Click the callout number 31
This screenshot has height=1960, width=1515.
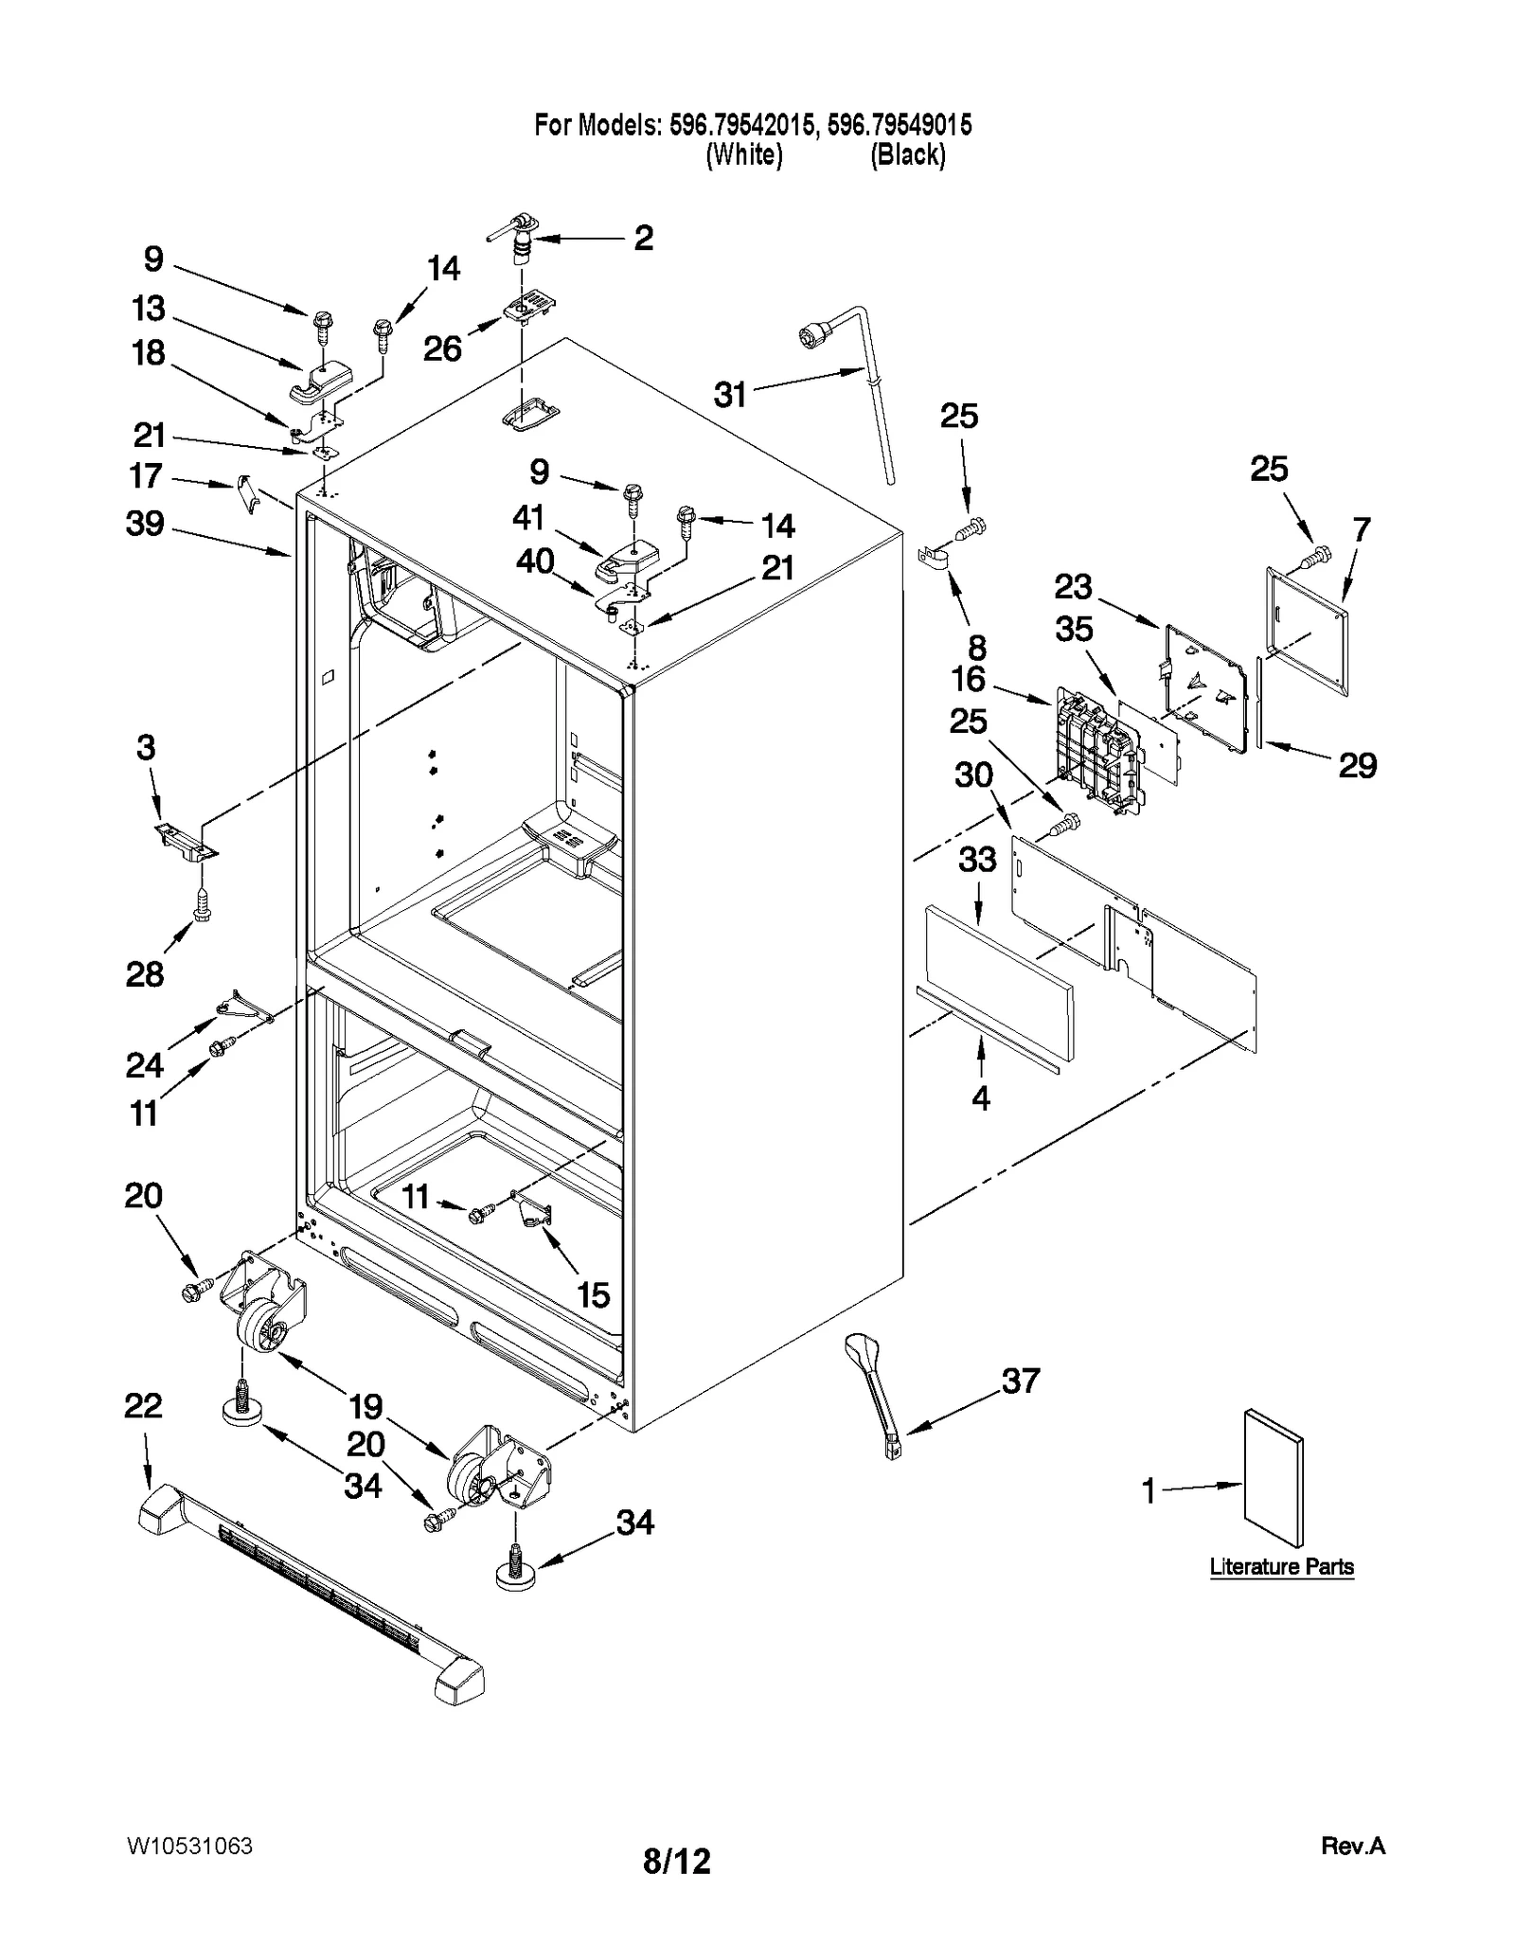[729, 395]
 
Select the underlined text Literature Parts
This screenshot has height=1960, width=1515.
[1281, 1567]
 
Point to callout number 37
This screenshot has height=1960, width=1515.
[1021, 1381]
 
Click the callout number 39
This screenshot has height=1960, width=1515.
[145, 524]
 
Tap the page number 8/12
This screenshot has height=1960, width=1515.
[676, 1862]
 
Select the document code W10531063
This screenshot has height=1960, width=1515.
[188, 1845]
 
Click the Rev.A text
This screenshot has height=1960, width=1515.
[1352, 1845]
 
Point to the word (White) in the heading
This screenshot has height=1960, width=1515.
[744, 155]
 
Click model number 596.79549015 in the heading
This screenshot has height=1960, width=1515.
[900, 125]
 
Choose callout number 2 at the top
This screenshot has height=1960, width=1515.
[643, 238]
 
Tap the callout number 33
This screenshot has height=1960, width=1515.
[977, 860]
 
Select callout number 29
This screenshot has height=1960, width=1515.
[1357, 765]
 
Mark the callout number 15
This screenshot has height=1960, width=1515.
[594, 1294]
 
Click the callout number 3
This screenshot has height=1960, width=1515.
[145, 748]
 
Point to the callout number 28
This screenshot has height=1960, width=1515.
[145, 974]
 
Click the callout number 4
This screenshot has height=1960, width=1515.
[981, 1098]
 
